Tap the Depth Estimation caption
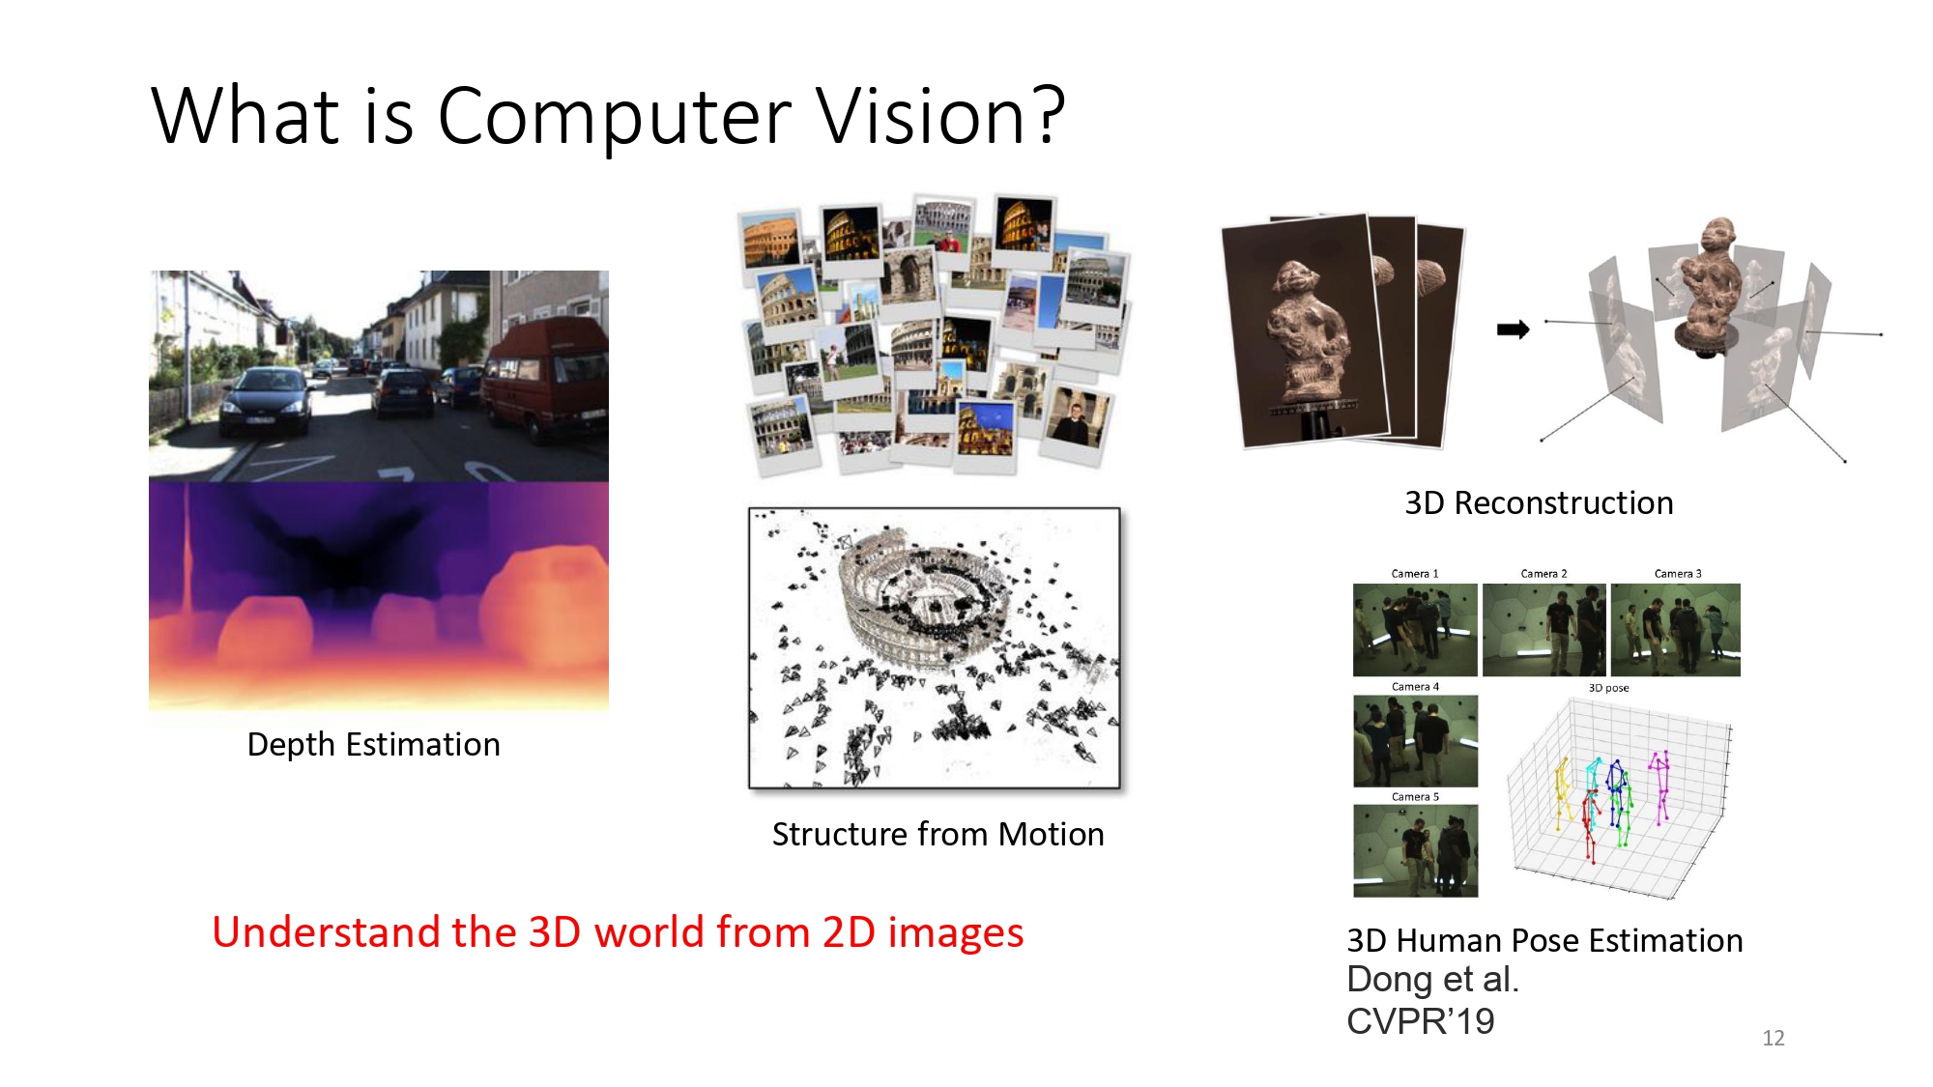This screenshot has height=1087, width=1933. point(373,745)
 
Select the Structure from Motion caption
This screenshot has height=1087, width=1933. point(938,834)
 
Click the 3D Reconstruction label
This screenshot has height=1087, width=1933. point(1539,503)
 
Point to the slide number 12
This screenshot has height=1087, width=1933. point(1773,1038)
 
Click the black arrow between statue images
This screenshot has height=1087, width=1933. point(1513,329)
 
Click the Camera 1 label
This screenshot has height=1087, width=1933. point(1414,574)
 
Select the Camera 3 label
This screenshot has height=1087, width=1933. point(1677,574)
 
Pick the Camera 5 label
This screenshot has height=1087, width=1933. point(1415,797)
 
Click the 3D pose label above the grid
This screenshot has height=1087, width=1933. point(1608,688)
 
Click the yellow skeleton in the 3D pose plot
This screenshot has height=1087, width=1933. point(1561,792)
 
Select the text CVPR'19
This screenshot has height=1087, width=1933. point(1420,1021)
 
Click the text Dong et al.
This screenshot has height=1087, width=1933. point(1432,980)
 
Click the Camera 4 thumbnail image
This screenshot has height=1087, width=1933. point(1415,741)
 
